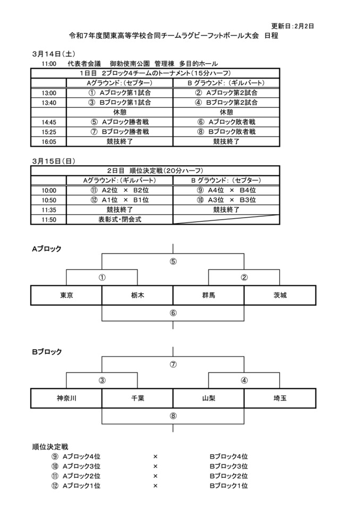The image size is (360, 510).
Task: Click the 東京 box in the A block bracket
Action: (66, 295)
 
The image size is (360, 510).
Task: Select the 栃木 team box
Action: (137, 295)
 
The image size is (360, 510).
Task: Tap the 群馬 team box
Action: (208, 295)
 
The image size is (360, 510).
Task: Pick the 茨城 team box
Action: (280, 295)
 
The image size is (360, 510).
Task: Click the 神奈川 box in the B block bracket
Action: (66, 398)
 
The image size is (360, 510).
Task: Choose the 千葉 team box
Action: (137, 398)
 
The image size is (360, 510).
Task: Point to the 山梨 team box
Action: (208, 398)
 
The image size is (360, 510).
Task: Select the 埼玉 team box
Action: (280, 398)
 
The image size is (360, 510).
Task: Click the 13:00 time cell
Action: (48, 93)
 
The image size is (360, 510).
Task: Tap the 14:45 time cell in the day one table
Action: (48, 122)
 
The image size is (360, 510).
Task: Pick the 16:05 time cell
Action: (48, 141)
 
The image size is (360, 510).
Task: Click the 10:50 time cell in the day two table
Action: (48, 200)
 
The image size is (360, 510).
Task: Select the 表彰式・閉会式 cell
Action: (119, 219)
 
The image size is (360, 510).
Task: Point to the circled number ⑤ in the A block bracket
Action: (173, 261)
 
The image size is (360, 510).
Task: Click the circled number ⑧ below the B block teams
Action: (173, 415)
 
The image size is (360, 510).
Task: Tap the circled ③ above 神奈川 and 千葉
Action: (102, 380)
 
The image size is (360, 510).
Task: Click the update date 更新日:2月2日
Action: (293, 25)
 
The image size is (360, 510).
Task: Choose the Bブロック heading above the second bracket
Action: (47, 352)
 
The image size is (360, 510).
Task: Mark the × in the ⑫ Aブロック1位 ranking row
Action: (155, 486)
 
